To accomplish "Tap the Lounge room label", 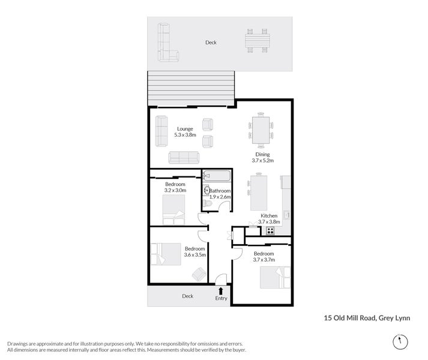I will (x=184, y=128).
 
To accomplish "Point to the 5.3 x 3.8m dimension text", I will (x=185, y=136).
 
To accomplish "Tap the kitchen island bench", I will (x=259, y=192).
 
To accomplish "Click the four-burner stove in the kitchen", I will (x=270, y=230).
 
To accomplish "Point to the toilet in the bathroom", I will (x=208, y=204).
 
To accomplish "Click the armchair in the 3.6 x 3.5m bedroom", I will (x=197, y=274).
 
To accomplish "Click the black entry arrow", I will (x=220, y=290).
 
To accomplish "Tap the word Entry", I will (x=222, y=298).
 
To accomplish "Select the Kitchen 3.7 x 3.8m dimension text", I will (x=269, y=222).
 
